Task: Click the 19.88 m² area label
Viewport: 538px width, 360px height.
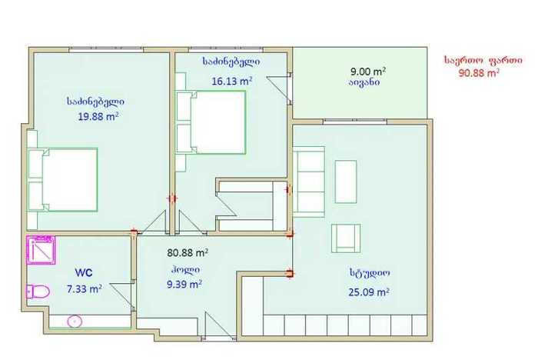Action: point(98,116)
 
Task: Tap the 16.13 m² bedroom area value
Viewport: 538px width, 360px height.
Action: point(232,81)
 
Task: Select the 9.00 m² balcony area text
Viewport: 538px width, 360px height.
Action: point(368,71)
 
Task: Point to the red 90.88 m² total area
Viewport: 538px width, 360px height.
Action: point(479,72)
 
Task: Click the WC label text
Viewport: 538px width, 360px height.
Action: point(84,272)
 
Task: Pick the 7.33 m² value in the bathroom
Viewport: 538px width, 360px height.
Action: point(84,288)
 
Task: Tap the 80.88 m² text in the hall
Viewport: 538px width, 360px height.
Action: point(188,252)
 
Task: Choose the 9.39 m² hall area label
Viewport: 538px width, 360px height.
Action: point(184,284)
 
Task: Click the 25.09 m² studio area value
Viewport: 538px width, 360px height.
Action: point(369,292)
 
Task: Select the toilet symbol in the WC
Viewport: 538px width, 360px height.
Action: point(38,292)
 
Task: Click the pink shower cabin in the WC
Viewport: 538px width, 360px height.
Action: point(41,250)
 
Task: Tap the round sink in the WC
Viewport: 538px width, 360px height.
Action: point(75,322)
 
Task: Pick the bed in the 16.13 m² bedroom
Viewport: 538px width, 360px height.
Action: point(211,122)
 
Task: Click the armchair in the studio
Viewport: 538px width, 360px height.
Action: point(346,238)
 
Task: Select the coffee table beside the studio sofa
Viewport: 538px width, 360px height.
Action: point(346,182)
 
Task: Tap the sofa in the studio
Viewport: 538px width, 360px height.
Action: point(309,182)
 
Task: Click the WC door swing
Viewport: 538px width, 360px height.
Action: point(122,295)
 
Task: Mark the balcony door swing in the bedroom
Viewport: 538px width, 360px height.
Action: point(279,89)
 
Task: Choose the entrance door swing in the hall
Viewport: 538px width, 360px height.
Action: point(220,325)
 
